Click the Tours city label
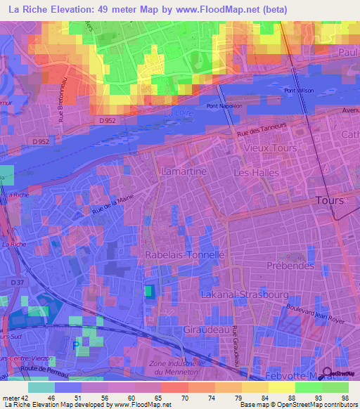[x=330, y=200]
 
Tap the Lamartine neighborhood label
[x=184, y=171]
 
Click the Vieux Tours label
[x=271, y=149]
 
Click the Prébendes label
[x=289, y=266]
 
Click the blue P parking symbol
[x=76, y=344]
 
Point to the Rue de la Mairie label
[x=93, y=209]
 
